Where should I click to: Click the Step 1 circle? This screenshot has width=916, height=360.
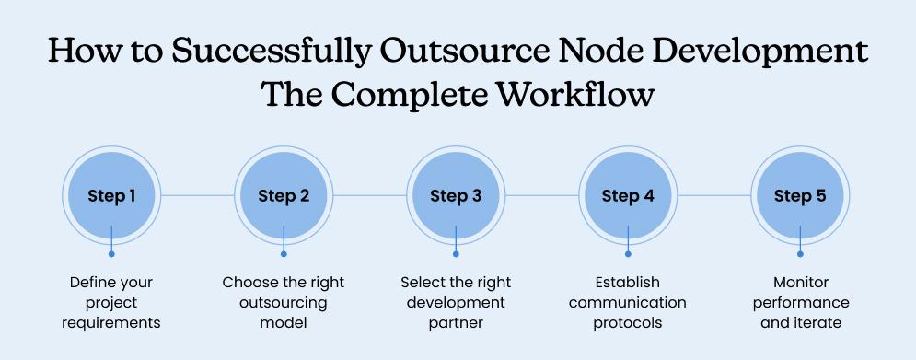pyautogui.click(x=111, y=195)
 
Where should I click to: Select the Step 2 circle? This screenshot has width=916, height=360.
pyautogui.click(x=284, y=195)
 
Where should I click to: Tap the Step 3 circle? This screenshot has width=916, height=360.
pyautogui.click(x=456, y=195)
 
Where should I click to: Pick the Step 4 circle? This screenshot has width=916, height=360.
pyautogui.click(x=628, y=195)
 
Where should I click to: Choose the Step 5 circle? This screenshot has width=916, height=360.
pyautogui.click(x=800, y=195)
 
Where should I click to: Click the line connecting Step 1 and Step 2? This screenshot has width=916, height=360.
pyautogui.click(x=197, y=195)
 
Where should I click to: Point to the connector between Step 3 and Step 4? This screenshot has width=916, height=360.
pyautogui.click(x=541, y=195)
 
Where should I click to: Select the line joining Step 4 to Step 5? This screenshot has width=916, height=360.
pyautogui.click(x=713, y=195)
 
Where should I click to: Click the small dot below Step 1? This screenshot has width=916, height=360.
pyautogui.click(x=111, y=253)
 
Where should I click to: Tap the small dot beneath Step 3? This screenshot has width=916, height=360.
pyautogui.click(x=456, y=253)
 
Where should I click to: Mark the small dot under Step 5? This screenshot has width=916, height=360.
pyautogui.click(x=800, y=253)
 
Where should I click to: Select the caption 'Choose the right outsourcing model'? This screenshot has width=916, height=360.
pyautogui.click(x=284, y=302)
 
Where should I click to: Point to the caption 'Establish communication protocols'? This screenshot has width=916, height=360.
pyautogui.click(x=628, y=302)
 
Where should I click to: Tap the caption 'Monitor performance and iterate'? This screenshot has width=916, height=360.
pyautogui.click(x=800, y=302)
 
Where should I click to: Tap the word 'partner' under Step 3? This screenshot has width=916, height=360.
pyautogui.click(x=456, y=323)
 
